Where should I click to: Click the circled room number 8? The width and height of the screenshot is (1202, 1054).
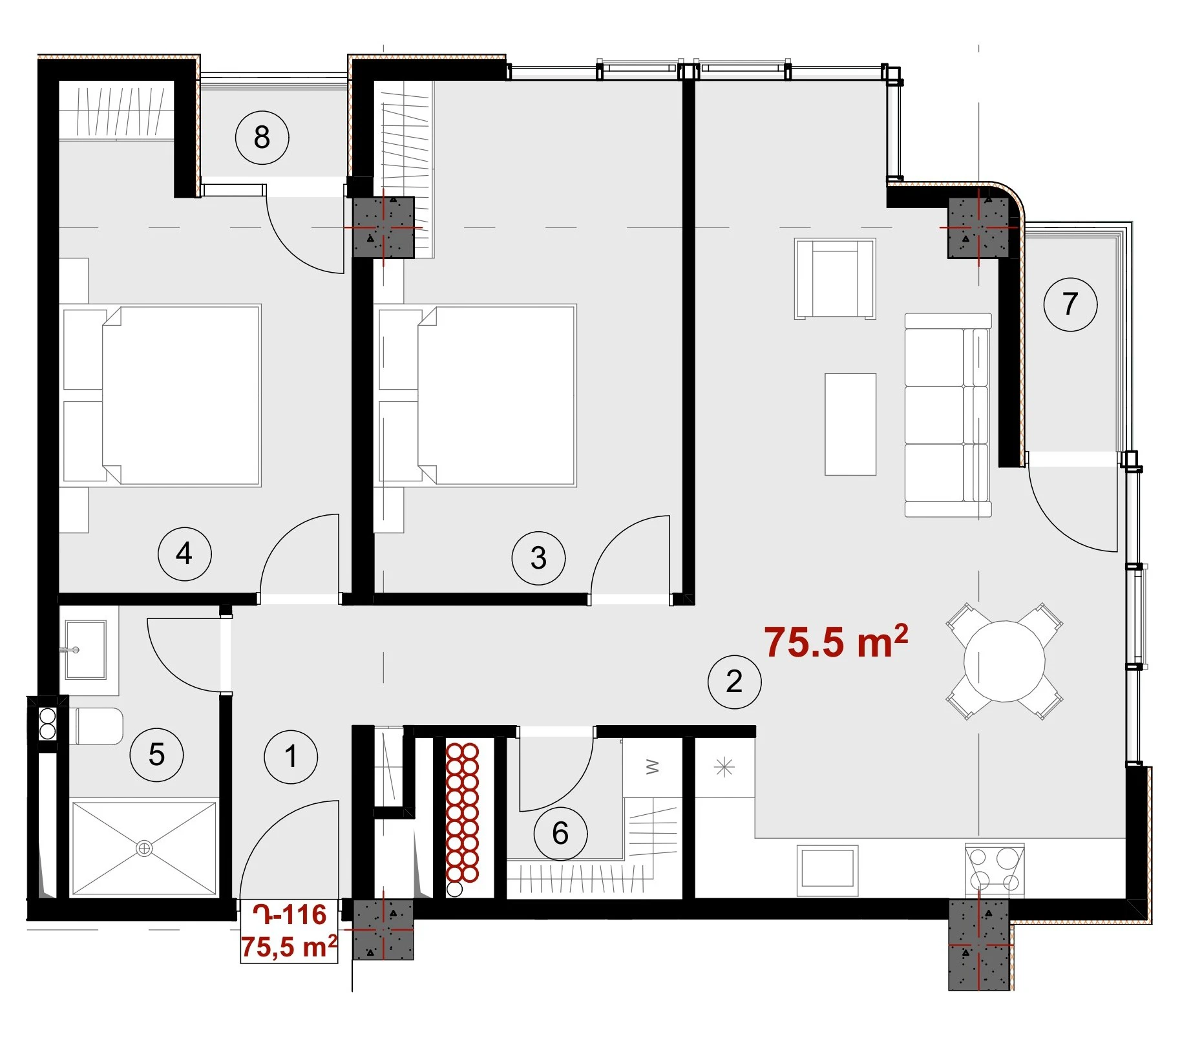[262, 138]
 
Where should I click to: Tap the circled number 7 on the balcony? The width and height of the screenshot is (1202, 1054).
[1070, 304]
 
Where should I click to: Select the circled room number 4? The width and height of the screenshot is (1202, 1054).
[185, 554]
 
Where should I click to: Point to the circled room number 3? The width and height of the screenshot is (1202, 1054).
[538, 558]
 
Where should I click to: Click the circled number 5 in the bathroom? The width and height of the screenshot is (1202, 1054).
[156, 755]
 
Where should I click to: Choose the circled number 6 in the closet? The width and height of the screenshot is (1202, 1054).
[560, 834]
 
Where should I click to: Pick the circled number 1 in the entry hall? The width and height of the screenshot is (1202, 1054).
[291, 757]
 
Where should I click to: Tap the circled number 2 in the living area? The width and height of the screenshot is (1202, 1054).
[734, 682]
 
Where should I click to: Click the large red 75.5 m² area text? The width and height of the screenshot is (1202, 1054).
[836, 641]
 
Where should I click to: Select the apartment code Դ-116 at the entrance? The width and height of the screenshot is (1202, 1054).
[290, 914]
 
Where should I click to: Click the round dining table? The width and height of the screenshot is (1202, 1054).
[1004, 661]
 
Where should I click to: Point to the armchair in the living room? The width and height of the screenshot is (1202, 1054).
[835, 279]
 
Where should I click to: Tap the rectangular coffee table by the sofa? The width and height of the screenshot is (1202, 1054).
[850, 425]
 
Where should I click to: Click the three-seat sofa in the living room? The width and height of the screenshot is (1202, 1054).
[948, 415]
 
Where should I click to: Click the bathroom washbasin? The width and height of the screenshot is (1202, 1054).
[86, 649]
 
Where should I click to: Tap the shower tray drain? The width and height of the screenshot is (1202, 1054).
[144, 848]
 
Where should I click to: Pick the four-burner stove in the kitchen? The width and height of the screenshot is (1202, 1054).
[995, 870]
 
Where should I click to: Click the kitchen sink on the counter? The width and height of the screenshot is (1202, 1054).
[827, 870]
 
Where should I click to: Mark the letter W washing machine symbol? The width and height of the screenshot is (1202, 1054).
[653, 767]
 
